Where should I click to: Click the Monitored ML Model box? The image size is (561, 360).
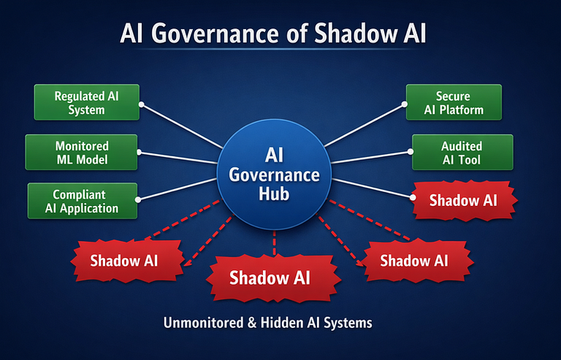click(81, 153)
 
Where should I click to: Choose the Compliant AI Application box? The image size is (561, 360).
click(83, 201)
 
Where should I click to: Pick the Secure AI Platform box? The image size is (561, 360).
click(453, 103)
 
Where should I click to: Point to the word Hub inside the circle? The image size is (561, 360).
click(274, 194)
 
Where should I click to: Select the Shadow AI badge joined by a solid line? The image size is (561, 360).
click(463, 200)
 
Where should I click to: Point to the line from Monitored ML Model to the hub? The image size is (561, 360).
click(179, 157)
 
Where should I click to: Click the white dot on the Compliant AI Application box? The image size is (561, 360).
click(139, 197)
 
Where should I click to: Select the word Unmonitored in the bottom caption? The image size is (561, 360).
click(197, 322)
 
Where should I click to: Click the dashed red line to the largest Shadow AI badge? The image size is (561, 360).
click(274, 242)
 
